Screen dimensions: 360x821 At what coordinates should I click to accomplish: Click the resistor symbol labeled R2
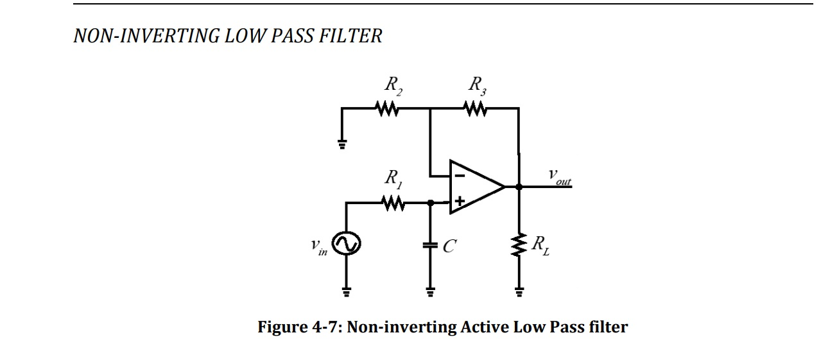388,110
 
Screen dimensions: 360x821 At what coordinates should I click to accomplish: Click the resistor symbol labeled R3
476,110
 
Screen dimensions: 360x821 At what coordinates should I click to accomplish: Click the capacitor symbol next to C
431,245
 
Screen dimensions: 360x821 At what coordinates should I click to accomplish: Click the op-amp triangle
476,187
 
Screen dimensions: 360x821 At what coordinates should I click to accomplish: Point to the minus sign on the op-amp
460,174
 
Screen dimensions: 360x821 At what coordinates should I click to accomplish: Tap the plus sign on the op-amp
459,202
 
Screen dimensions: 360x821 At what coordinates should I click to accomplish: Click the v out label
558,176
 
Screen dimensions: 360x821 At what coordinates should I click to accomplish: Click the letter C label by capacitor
450,245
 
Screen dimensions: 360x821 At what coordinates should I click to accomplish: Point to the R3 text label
478,85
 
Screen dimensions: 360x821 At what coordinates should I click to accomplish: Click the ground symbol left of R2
343,144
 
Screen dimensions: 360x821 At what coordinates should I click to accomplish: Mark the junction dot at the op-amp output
519,187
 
